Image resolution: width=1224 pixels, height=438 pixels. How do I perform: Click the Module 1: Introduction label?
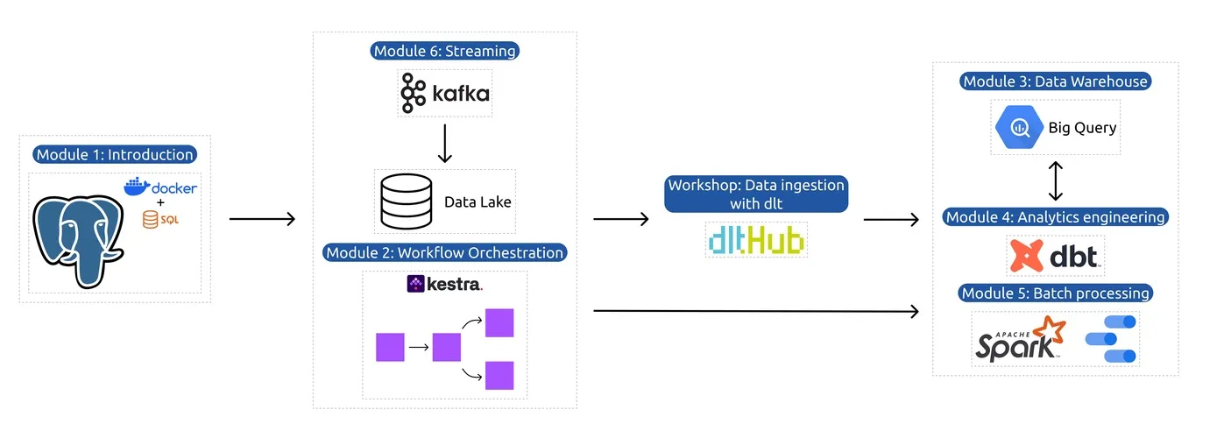pos(114,155)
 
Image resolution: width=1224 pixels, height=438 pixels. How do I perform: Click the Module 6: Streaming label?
pos(445,51)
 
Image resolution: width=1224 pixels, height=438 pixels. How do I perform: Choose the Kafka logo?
pos(445,93)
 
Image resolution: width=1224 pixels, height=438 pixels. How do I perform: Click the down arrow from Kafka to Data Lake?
pos(444,144)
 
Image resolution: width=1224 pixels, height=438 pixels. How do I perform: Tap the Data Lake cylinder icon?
pos(406,201)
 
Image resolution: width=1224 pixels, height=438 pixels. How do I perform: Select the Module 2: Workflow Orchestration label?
pos(445,253)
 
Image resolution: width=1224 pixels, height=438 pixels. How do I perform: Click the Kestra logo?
pos(444,284)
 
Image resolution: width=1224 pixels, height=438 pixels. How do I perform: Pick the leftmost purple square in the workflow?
pos(390,347)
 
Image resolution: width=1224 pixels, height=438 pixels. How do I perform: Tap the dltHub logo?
pos(755,239)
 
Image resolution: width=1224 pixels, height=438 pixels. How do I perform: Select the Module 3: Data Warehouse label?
pos(1055,81)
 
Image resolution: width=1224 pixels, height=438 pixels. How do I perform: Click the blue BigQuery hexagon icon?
pos(1019,128)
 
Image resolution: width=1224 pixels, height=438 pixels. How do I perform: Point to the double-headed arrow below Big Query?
pos(1056,180)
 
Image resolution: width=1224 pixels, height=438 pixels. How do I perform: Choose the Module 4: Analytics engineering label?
pos(1055,217)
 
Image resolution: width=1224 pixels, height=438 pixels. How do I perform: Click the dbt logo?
pos(1055,256)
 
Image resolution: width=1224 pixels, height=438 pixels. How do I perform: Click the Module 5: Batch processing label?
pos(1055,293)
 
